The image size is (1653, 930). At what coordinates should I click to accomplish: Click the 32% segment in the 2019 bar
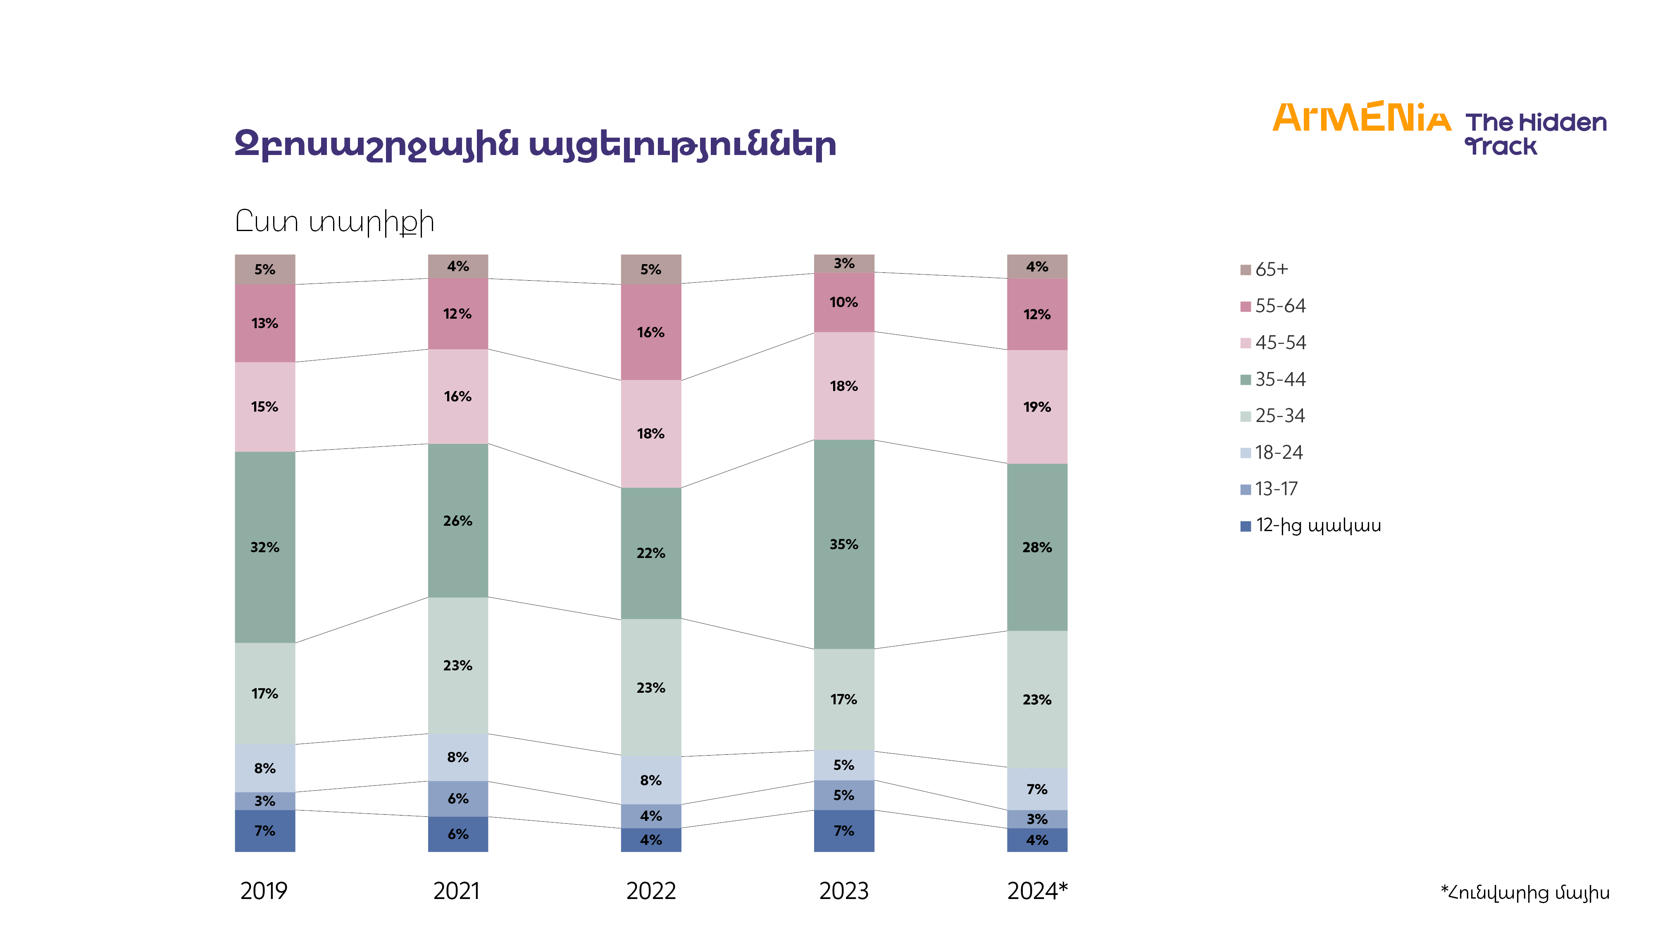[x=264, y=547]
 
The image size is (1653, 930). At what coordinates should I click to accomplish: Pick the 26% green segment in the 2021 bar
[x=457, y=520]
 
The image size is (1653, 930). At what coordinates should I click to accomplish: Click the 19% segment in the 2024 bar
[x=1036, y=407]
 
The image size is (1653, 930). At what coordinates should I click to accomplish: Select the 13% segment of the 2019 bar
[x=264, y=323]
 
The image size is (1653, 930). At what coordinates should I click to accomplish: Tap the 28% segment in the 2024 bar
[x=1036, y=547]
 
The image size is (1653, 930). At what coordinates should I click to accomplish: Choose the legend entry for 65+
[x=1271, y=269]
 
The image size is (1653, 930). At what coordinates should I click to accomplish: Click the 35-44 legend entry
[x=1279, y=379]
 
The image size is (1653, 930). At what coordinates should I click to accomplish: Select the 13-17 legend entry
[x=1276, y=489]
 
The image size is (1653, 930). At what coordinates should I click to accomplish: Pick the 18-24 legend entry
[x=1278, y=453]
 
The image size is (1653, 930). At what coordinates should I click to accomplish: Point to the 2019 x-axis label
[x=264, y=891]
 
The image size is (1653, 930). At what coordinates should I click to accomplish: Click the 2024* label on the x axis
[x=1037, y=891]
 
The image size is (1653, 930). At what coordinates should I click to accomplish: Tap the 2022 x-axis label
[x=651, y=891]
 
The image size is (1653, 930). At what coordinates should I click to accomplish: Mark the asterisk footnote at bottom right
[x=1524, y=892]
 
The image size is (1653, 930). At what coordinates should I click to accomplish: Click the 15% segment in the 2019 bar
[x=264, y=406]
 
